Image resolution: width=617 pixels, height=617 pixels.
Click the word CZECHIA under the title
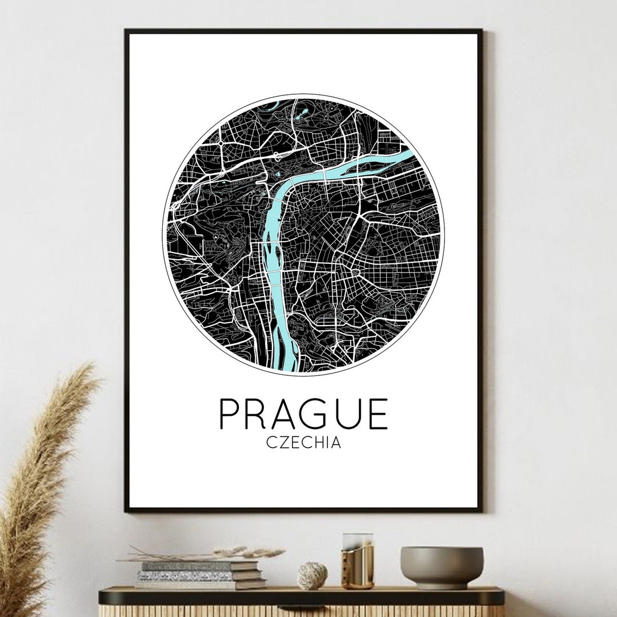pos(303,443)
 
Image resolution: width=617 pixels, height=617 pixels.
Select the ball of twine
pos(312,575)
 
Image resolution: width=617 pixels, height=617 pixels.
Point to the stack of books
pos(197,575)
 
